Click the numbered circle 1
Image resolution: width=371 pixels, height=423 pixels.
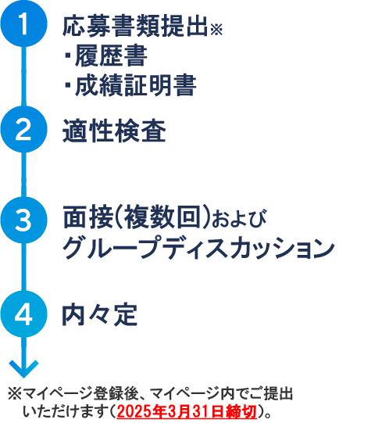pos(23,23)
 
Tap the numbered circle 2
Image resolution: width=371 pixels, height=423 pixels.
pos(23,129)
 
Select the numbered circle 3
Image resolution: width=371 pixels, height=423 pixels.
pos(23,220)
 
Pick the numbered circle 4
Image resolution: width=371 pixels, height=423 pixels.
pos(23,314)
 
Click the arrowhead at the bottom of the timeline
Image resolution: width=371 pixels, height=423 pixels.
pos(23,369)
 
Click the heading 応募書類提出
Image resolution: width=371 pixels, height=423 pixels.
pos(135,26)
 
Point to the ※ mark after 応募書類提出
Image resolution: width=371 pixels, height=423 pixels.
pos(216,30)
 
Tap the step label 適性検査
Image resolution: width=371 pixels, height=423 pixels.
pos(114,131)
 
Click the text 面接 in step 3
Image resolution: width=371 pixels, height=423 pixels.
pos(87,217)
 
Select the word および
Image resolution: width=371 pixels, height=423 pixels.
pos(239,218)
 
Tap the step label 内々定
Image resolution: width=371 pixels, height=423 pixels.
pos(100,315)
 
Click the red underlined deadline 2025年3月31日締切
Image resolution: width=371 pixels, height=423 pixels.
pos(187,411)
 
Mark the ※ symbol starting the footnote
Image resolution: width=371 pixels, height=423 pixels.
pos(15,394)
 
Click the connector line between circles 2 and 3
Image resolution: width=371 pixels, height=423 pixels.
pos(23,174)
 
